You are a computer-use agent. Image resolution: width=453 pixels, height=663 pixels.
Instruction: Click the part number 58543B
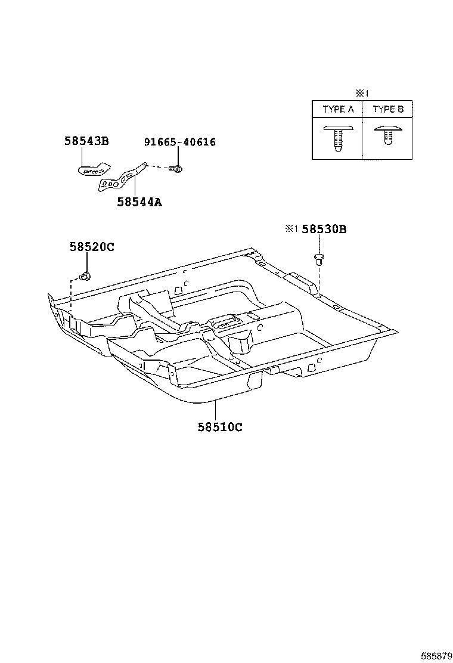[x=86, y=141]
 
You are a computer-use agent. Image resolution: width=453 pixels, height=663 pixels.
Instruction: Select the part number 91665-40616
[x=179, y=142]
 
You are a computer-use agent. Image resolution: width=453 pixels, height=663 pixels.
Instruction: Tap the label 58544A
[x=139, y=202]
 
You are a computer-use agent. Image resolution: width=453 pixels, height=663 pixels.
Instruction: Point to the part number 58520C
[x=91, y=247]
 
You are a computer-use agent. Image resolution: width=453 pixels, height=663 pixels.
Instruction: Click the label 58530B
[x=324, y=229]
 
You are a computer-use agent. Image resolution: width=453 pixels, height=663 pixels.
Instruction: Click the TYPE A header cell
[x=338, y=109]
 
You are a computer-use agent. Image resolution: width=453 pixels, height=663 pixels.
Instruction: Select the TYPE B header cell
[x=387, y=109]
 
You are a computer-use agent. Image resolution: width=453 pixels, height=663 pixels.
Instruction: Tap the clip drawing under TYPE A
[x=338, y=138]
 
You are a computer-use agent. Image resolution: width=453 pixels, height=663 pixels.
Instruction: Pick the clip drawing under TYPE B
[x=387, y=138]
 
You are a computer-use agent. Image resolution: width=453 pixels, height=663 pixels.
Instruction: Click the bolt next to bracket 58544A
[x=176, y=169]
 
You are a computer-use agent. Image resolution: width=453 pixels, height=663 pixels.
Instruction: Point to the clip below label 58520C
[x=85, y=275]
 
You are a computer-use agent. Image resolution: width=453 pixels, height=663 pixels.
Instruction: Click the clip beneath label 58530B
[x=319, y=259]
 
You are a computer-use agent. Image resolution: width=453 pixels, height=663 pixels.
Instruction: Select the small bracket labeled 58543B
[x=94, y=168]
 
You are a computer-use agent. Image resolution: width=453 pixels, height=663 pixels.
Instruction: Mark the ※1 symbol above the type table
[x=362, y=93]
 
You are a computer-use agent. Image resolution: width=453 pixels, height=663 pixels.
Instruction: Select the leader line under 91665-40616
[x=178, y=156]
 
